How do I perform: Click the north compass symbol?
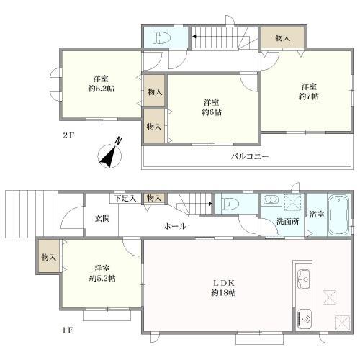[x=110, y=155]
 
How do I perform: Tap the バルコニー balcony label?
[x=250, y=157]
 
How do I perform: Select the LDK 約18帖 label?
[x=223, y=288]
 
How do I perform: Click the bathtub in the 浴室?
[x=339, y=215]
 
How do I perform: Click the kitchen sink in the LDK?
[x=304, y=279]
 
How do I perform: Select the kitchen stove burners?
[x=305, y=319]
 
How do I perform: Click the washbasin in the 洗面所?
[x=271, y=199]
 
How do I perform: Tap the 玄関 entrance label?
[x=102, y=218]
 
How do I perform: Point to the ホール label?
[x=175, y=226]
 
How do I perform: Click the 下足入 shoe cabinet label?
[x=125, y=199]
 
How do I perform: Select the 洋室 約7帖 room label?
[x=309, y=91]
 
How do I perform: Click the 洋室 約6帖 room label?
[x=212, y=107]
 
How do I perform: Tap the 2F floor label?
[x=69, y=135]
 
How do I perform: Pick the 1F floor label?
[x=68, y=330]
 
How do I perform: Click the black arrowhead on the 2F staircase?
[x=194, y=37]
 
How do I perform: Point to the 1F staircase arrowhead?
[x=210, y=204]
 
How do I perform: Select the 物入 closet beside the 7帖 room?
[x=283, y=37]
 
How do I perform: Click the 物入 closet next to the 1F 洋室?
[x=49, y=257]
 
